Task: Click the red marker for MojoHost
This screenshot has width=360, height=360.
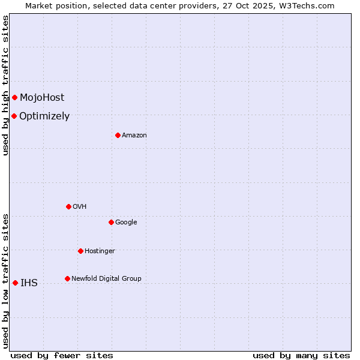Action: point(14,97)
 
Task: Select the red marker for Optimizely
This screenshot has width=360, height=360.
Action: point(14,116)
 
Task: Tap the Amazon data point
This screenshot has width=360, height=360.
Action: point(118,135)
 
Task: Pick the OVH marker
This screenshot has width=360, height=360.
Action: point(68,206)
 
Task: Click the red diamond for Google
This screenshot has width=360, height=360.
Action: point(111,222)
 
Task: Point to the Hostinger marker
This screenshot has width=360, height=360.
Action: point(80,251)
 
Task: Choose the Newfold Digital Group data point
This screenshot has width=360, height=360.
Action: point(67,278)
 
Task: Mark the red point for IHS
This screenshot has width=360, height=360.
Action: point(15,283)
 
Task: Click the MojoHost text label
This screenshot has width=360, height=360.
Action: point(42,98)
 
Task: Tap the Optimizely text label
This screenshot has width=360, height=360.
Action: point(44,116)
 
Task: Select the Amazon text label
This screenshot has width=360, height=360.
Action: point(134,135)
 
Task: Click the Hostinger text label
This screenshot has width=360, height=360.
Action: point(100,251)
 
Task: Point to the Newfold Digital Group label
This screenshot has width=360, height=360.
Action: point(106,278)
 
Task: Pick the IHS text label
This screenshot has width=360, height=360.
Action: point(29,283)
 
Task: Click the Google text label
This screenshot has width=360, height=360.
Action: point(126,222)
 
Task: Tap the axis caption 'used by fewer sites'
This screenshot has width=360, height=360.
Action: point(62,355)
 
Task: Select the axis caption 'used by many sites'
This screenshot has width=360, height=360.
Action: point(301,355)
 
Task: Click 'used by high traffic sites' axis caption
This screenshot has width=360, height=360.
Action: point(5,85)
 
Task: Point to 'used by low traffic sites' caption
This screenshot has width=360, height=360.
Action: point(5,280)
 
